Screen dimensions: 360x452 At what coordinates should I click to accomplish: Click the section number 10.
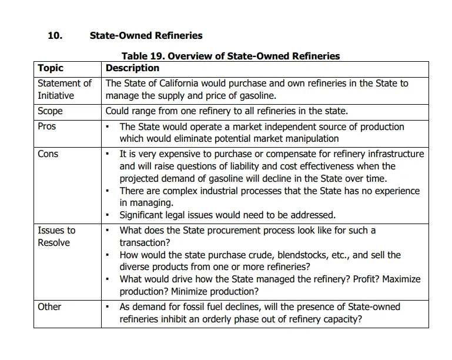55,35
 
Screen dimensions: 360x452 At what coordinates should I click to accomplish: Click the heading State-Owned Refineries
146,35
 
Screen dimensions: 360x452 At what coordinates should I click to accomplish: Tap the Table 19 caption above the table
230,56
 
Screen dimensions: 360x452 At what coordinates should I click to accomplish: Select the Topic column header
51,68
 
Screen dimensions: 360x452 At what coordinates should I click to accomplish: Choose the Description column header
132,68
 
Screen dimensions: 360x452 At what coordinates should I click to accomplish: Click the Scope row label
50,111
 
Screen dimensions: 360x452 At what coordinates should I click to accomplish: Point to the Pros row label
47,126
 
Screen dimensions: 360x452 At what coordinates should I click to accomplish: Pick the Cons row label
48,154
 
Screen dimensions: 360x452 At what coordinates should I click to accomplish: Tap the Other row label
49,306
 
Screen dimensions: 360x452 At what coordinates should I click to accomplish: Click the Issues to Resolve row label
56,236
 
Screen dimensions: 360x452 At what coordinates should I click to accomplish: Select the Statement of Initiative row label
65,89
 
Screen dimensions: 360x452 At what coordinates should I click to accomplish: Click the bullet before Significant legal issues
108,215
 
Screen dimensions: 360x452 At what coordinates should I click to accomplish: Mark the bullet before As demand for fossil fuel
108,307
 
